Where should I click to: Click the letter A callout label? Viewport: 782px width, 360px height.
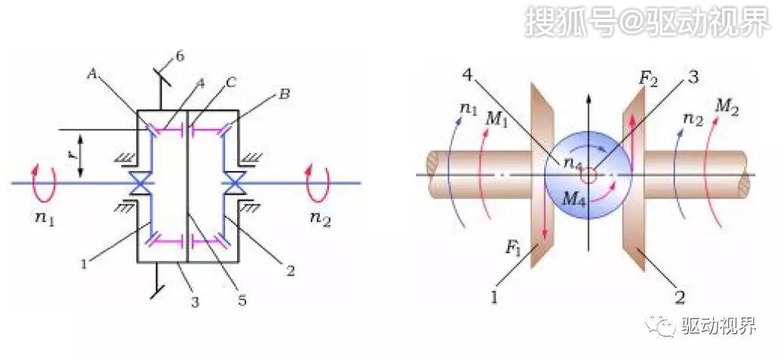click(x=92, y=74)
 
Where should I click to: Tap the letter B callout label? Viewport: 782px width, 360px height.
click(x=283, y=94)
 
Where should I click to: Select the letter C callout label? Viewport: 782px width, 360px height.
click(x=230, y=83)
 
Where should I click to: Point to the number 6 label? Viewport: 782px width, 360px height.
click(x=180, y=56)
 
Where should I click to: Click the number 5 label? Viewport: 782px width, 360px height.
click(x=242, y=301)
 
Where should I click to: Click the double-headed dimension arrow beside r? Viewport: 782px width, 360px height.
click(x=80, y=155)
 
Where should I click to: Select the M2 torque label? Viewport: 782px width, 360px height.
click(x=727, y=106)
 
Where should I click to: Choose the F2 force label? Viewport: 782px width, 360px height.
click(x=649, y=79)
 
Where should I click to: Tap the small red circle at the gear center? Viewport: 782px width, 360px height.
click(x=589, y=176)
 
